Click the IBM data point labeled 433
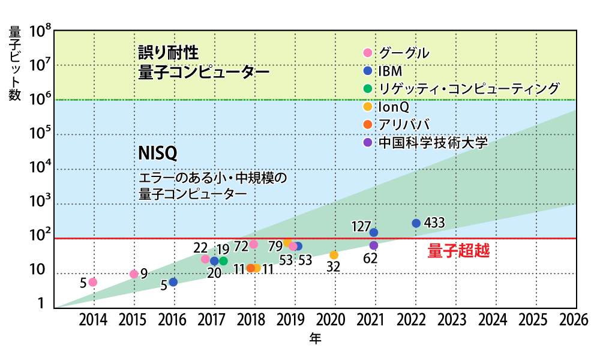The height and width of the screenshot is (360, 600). point(416,223)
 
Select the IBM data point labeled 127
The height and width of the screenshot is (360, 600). point(374,232)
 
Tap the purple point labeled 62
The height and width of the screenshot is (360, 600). point(374,245)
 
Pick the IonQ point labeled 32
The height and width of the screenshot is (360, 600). point(334,255)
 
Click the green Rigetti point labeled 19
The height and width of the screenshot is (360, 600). point(223,261)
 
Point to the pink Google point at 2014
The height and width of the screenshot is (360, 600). point(93,282)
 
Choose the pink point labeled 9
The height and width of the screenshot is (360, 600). point(134,274)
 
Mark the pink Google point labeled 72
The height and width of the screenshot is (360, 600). point(254,244)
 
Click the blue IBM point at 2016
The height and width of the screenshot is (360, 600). point(173,282)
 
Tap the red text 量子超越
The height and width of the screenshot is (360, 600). point(458,251)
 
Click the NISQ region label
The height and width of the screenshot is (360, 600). point(158,154)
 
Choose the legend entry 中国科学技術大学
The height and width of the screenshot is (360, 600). point(433,143)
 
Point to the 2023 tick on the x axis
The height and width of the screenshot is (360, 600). point(454,319)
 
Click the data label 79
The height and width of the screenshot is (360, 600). point(275,246)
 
